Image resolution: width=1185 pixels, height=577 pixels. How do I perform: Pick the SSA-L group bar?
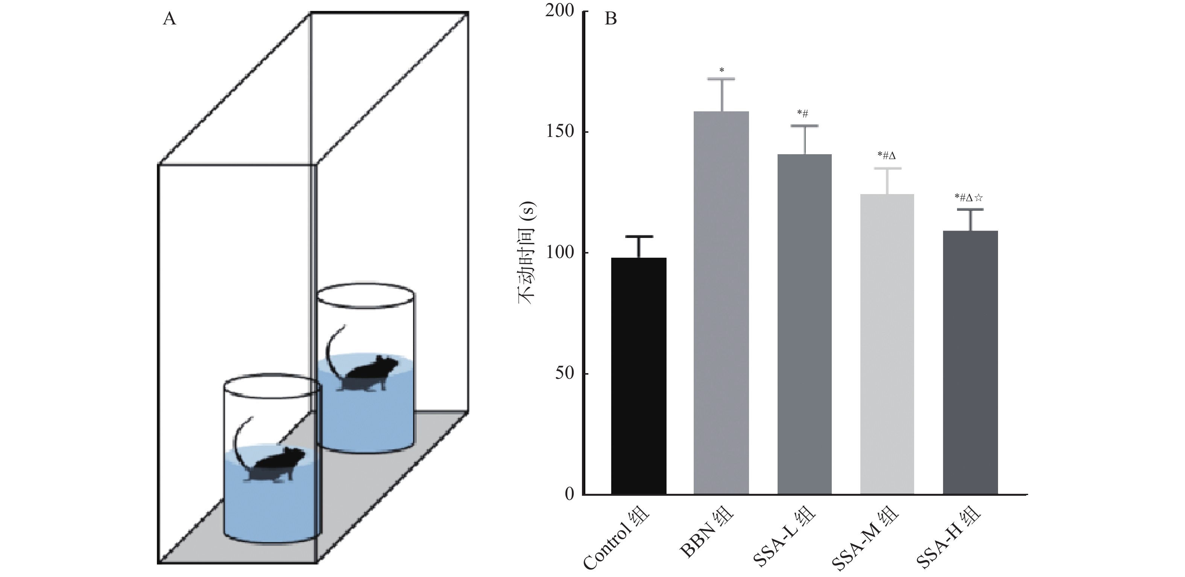click(x=805, y=324)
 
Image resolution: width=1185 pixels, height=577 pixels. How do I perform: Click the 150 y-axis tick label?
click(x=559, y=132)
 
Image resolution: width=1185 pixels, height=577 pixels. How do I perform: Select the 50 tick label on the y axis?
click(x=564, y=373)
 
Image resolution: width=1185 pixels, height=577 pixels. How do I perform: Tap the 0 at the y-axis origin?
click(x=570, y=494)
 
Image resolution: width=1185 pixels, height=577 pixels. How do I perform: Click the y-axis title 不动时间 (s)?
click(x=527, y=253)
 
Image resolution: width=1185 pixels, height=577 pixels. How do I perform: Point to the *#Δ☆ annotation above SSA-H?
click(x=969, y=198)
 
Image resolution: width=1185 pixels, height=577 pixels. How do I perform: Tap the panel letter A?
click(x=169, y=19)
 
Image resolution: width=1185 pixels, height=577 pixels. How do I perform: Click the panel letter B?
click(x=611, y=19)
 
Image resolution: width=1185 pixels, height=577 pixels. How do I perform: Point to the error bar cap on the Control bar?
click(x=638, y=237)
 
